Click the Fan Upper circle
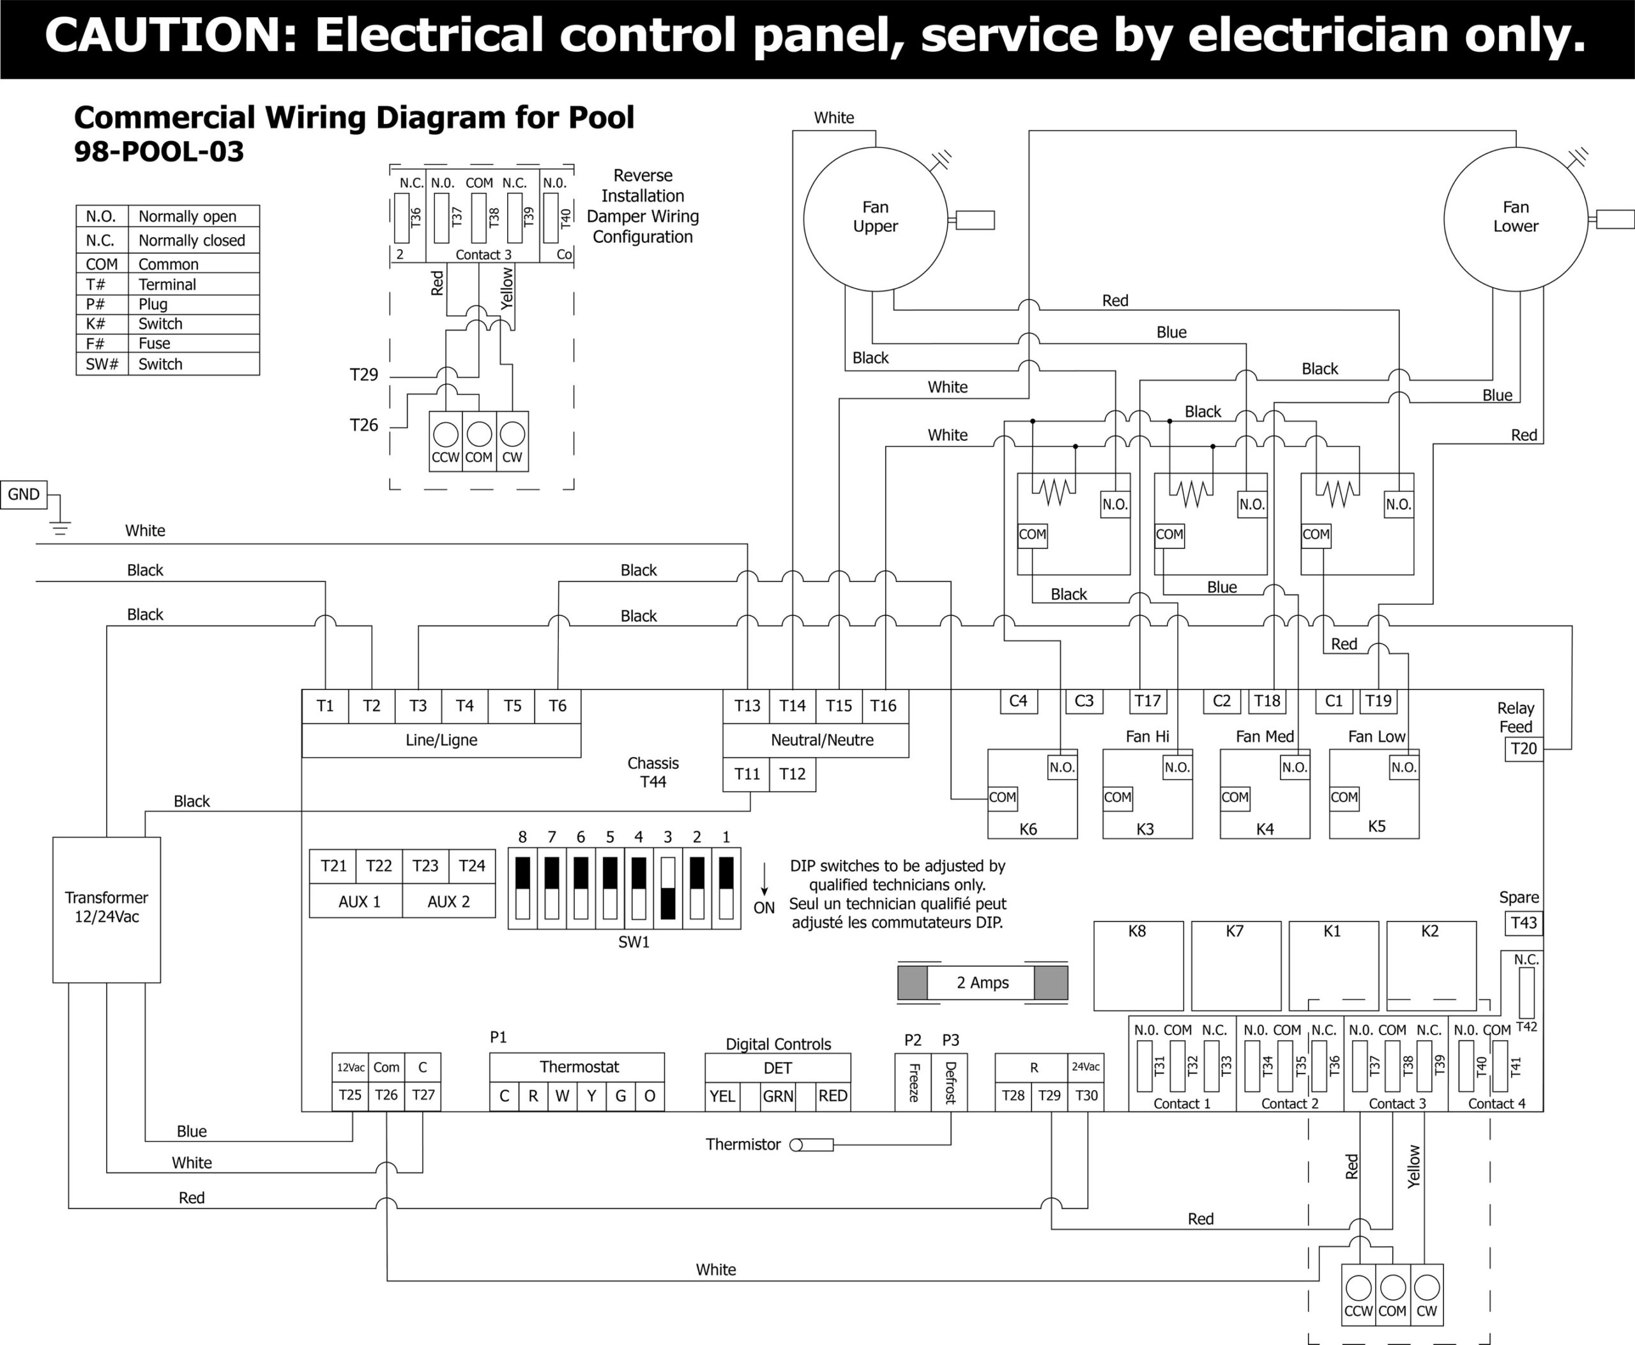click(x=875, y=219)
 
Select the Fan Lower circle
click(x=1516, y=219)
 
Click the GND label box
click(x=24, y=495)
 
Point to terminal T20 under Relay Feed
click(x=1523, y=748)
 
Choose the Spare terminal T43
click(x=1523, y=923)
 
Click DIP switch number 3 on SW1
click(x=667, y=888)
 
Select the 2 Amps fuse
click(x=982, y=983)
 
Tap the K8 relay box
click(x=1137, y=965)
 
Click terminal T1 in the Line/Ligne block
click(x=325, y=706)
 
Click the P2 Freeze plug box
click(x=913, y=1082)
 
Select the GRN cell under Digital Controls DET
click(x=778, y=1096)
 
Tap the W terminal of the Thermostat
click(x=562, y=1096)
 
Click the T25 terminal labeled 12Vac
click(x=350, y=1095)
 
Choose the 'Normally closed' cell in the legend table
click(x=192, y=240)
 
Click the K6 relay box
click(x=1031, y=794)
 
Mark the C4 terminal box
click(x=1017, y=701)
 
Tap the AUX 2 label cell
click(x=448, y=902)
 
